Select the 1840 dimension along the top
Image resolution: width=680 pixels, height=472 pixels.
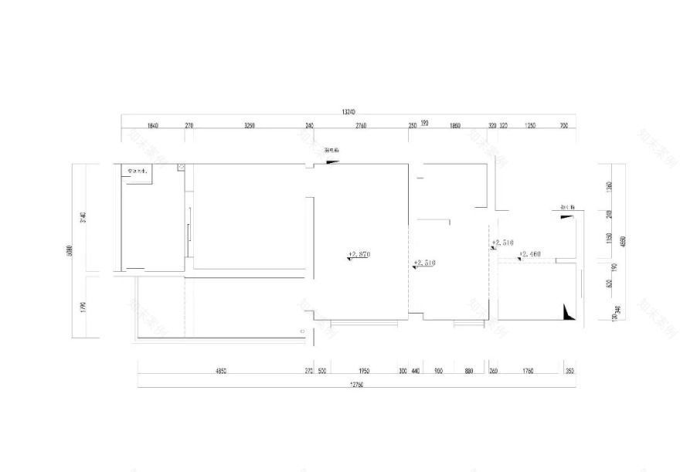point(152,125)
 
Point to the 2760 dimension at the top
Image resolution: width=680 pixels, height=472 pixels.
point(360,125)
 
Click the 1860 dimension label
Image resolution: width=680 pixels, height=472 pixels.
point(454,125)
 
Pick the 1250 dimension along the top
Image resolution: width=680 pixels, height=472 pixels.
point(529,125)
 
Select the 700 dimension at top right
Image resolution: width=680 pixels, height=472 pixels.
point(563,125)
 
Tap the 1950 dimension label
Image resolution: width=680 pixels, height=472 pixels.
point(365,371)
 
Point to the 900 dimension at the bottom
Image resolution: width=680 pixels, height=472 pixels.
point(438,371)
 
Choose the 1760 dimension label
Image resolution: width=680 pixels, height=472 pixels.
point(528,371)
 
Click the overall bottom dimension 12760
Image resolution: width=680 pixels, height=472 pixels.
point(356,384)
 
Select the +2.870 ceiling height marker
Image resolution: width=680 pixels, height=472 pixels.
point(360,253)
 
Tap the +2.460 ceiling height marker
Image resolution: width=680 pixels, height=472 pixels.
point(529,253)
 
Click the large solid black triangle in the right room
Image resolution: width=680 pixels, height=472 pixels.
point(570,312)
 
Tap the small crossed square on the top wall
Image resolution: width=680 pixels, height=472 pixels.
point(181,166)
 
